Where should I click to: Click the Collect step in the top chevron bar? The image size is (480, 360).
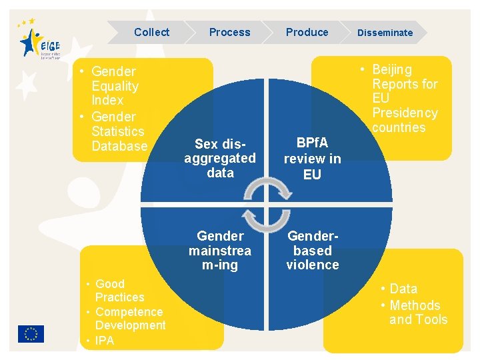(x=151, y=32)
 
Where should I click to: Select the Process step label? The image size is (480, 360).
(x=229, y=32)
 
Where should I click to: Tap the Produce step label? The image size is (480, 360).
(x=307, y=32)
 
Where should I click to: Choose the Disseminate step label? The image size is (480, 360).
(x=385, y=33)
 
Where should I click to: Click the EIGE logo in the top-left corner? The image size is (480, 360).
(x=39, y=41)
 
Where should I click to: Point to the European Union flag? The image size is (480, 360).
(x=31, y=333)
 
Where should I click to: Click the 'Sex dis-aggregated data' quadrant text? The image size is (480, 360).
(x=220, y=158)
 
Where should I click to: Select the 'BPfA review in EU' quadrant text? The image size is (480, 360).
(x=312, y=159)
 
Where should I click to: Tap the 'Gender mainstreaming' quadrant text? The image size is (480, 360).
(x=220, y=250)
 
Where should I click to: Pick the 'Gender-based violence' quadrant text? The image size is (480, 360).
(x=313, y=250)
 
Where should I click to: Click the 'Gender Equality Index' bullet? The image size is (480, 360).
(x=114, y=85)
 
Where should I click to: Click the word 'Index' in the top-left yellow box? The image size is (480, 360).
(x=107, y=100)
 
